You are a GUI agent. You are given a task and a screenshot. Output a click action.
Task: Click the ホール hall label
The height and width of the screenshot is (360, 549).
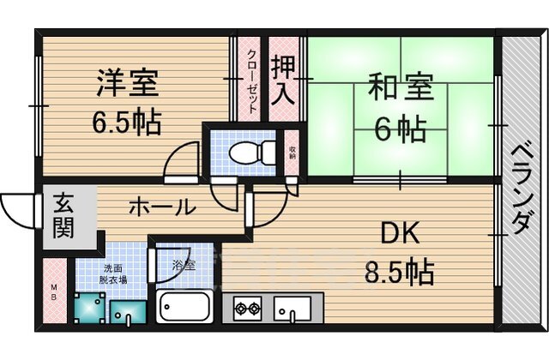pyautogui.click(x=160, y=207)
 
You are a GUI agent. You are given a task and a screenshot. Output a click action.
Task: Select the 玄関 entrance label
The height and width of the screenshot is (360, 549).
pyautogui.click(x=63, y=215)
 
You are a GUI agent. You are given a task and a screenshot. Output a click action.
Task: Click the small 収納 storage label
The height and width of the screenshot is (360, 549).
pyautogui.click(x=292, y=153)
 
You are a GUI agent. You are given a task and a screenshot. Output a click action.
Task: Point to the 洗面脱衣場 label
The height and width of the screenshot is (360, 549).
pyautogui.click(x=112, y=273)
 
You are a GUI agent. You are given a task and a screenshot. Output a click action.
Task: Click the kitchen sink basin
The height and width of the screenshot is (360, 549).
pyautogui.click(x=293, y=308)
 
